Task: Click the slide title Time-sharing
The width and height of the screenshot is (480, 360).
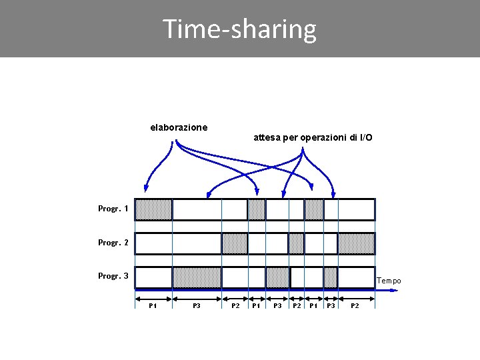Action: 239,29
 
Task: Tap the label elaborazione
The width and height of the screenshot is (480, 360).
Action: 179,127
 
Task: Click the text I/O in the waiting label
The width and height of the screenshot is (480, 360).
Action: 366,137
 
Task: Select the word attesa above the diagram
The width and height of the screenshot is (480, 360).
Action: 267,137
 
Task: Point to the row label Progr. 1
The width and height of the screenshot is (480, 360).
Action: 113,209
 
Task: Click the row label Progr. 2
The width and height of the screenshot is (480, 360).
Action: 113,243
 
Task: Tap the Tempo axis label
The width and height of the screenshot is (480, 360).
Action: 389,281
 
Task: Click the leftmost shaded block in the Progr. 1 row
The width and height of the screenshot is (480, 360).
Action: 153,209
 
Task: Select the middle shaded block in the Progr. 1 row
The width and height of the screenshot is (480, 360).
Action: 257,209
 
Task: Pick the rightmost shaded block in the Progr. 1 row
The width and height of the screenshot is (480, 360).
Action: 314,209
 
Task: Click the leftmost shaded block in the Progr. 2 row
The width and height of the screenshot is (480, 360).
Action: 235,243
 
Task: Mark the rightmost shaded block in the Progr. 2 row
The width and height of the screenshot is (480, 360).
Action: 356,243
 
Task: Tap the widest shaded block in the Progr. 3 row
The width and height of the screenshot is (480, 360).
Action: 197,277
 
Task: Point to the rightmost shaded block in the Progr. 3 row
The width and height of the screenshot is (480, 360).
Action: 331,277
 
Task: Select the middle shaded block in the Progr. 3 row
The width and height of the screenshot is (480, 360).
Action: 277,277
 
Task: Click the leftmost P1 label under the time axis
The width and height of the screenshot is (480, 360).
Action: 153,305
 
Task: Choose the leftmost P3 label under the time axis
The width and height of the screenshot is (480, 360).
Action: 197,305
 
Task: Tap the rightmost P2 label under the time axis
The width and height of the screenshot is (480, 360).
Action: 355,305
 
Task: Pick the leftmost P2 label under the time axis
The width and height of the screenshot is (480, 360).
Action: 235,305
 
